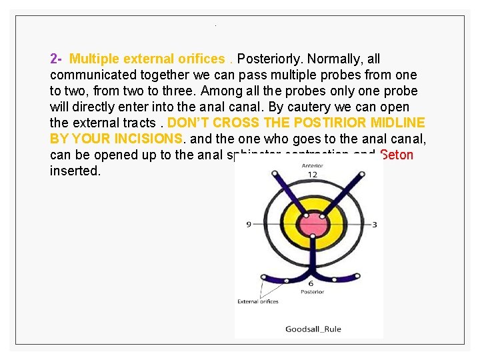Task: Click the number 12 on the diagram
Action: (x=312, y=175)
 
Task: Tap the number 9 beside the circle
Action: (x=249, y=225)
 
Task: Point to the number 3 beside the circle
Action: (x=375, y=225)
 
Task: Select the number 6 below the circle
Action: (x=311, y=283)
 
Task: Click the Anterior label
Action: (x=312, y=165)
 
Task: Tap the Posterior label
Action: (x=312, y=292)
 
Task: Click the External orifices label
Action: (x=258, y=301)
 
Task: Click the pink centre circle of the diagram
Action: (x=311, y=225)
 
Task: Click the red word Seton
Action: (x=397, y=155)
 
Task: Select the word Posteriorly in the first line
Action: (x=267, y=59)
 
